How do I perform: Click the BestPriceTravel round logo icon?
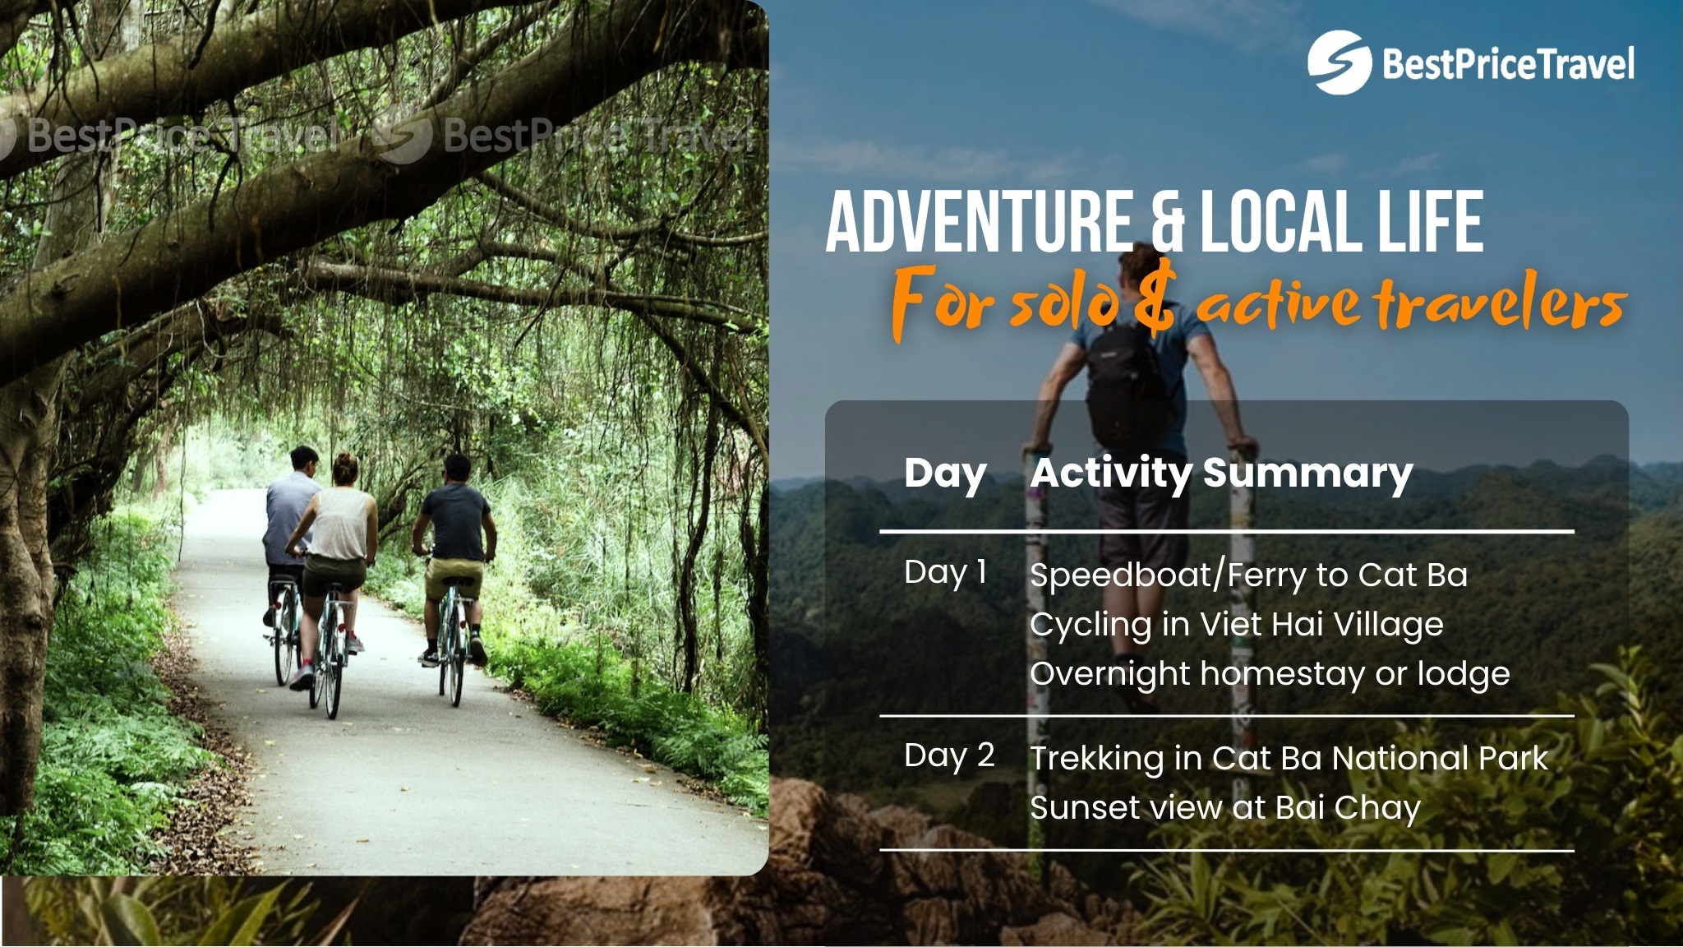coord(1339,62)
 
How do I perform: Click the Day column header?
coord(945,474)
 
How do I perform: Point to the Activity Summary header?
coord(1222,474)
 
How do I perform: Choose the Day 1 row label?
coord(945,572)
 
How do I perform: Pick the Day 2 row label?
coord(949,755)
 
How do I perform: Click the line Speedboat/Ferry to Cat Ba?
coord(1248,575)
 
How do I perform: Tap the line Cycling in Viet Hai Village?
coord(1237,625)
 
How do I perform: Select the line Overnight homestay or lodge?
coord(1270,674)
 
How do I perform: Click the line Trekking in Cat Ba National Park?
coord(1289,759)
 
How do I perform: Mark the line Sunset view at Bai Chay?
coord(1224,808)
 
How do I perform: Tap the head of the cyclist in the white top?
coord(345,469)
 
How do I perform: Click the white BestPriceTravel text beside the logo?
coord(1509,64)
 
